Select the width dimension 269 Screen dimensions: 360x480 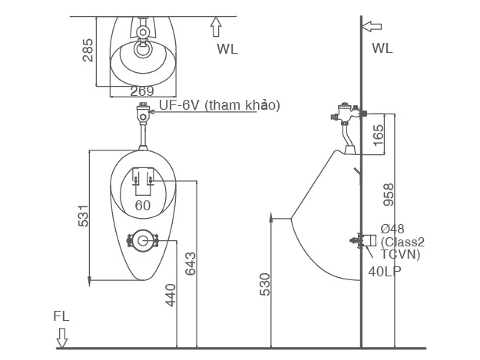point(141,91)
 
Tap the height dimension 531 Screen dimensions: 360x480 point(84,216)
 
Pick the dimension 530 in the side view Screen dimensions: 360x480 point(263,283)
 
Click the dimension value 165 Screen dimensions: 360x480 point(378,133)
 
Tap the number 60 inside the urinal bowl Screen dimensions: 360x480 point(143,206)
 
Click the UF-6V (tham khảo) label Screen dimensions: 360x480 point(219,105)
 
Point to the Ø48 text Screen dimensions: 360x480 point(393,229)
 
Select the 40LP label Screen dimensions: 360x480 point(383,271)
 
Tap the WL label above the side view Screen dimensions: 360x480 point(382,48)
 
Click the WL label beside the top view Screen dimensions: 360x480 point(227,48)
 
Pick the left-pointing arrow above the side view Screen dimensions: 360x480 point(371,26)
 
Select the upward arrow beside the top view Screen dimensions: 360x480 point(216,27)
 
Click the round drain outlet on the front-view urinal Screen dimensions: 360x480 point(143,241)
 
